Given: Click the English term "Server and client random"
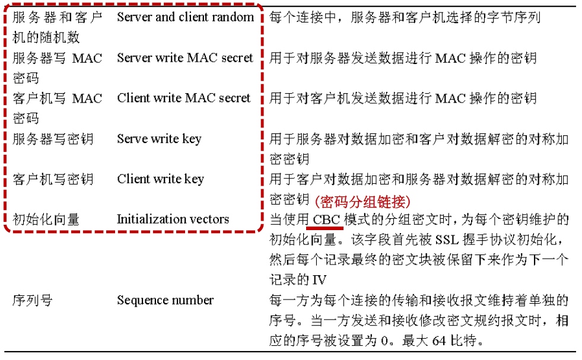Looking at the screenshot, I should [185, 17].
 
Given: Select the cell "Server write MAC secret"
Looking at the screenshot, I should [185, 58].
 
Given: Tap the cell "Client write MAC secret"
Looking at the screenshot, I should [184, 98].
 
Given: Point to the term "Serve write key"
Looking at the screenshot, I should [159, 139].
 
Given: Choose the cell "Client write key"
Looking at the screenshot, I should [160, 179].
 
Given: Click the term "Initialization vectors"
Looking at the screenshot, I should [173, 219].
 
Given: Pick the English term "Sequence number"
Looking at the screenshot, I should [165, 300].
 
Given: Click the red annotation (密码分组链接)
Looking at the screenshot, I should [363, 200].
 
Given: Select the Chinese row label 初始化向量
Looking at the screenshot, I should [46, 219].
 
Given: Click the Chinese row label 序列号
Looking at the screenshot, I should [33, 300].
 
